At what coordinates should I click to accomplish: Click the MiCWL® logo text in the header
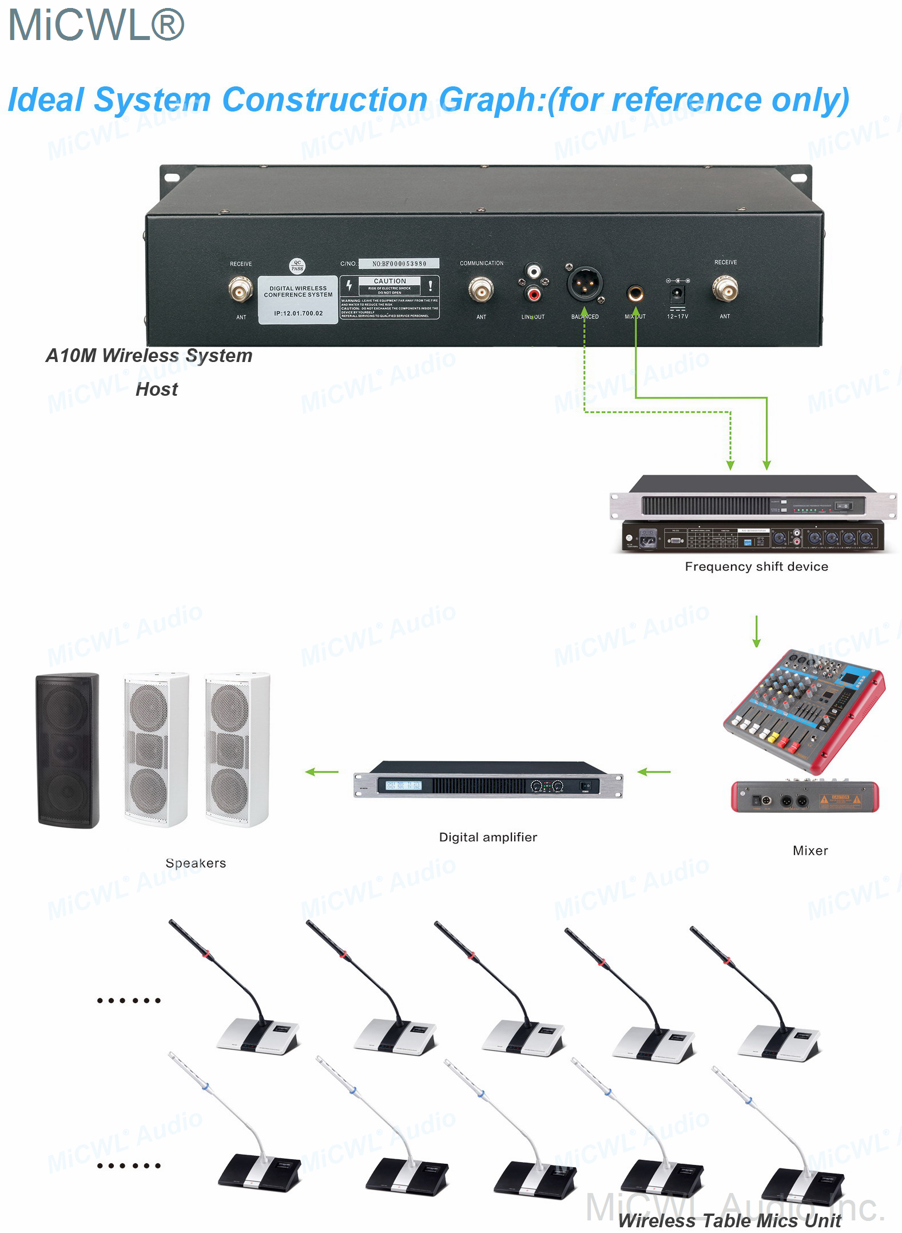tap(96, 25)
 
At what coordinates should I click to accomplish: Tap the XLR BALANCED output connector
tap(583, 284)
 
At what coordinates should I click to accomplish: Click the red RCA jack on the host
tap(534, 295)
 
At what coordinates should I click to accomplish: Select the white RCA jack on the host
tap(534, 271)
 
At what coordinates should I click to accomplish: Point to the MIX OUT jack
tap(635, 294)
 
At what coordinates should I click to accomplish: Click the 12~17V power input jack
tap(677, 295)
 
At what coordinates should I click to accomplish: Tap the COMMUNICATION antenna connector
tap(481, 289)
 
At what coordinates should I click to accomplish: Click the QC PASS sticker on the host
tap(297, 266)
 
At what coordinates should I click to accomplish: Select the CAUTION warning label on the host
tap(390, 297)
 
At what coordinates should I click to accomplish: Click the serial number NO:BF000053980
tap(399, 264)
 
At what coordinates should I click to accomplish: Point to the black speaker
tap(67, 750)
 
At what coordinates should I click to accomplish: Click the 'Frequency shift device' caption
tap(756, 567)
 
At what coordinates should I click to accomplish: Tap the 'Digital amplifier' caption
tap(488, 837)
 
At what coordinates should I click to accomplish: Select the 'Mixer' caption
tap(810, 851)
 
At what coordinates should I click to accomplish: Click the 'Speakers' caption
tap(196, 864)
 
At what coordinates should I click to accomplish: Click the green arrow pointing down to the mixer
tap(756, 631)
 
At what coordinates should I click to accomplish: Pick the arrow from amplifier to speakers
tap(321, 772)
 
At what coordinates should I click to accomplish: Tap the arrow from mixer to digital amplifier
tap(654, 772)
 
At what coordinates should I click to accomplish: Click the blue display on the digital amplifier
tap(403, 786)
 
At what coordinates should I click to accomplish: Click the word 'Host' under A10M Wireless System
tap(157, 389)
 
